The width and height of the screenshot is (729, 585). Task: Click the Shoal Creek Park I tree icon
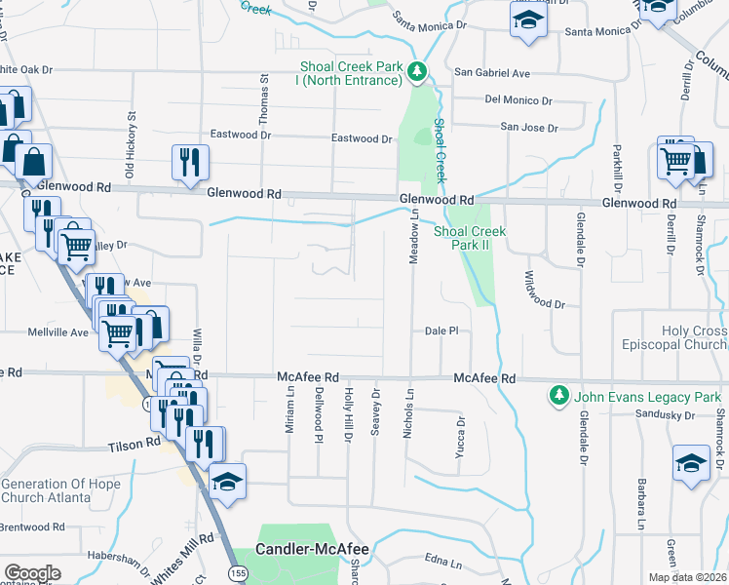(417, 71)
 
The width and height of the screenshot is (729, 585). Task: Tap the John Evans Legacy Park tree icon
(558, 396)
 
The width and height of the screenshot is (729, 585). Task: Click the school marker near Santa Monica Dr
(527, 20)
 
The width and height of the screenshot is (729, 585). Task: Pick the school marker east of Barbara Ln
(691, 464)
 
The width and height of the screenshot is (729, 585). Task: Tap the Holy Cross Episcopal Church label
(674, 338)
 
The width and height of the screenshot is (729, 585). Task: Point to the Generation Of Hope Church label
(60, 491)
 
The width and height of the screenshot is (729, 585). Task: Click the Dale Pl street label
(441, 331)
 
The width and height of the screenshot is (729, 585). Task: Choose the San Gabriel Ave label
(492, 73)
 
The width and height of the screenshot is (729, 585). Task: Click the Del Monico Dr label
(518, 100)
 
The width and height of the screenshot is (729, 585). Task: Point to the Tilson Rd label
(134, 443)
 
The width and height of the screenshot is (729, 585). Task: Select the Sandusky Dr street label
(659, 415)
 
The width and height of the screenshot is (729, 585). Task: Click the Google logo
(32, 573)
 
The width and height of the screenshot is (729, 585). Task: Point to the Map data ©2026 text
(688, 577)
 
